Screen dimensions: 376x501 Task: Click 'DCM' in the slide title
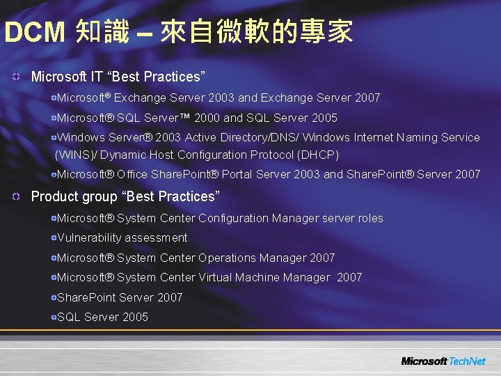pyautogui.click(x=35, y=32)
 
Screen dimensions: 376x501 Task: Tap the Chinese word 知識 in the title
pyautogui.click(x=102, y=32)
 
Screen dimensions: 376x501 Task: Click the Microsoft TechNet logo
pyautogui.click(x=443, y=361)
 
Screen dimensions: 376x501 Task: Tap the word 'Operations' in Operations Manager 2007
pyautogui.click(x=227, y=258)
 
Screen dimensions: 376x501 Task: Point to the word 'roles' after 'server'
pyautogui.click(x=370, y=218)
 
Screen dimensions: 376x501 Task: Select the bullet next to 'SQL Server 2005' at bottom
pyautogui.click(x=53, y=318)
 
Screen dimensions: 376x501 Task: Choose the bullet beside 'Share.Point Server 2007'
pyautogui.click(x=53, y=298)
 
